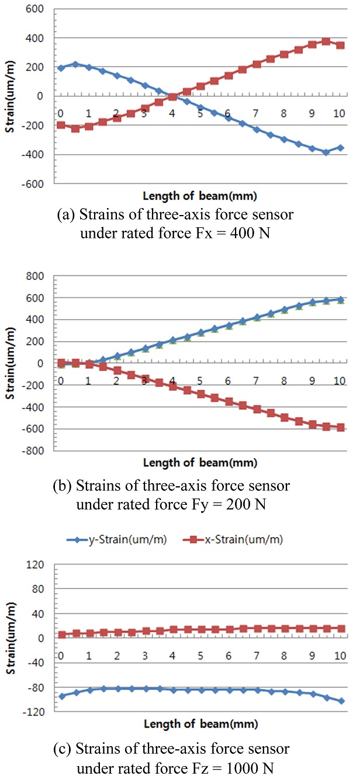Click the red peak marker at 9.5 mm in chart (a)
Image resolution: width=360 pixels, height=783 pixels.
326,41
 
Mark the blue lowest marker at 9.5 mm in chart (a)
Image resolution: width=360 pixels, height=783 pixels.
326,152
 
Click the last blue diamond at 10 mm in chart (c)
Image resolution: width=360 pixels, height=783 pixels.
340,701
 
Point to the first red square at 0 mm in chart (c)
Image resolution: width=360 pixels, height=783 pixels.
61,635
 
